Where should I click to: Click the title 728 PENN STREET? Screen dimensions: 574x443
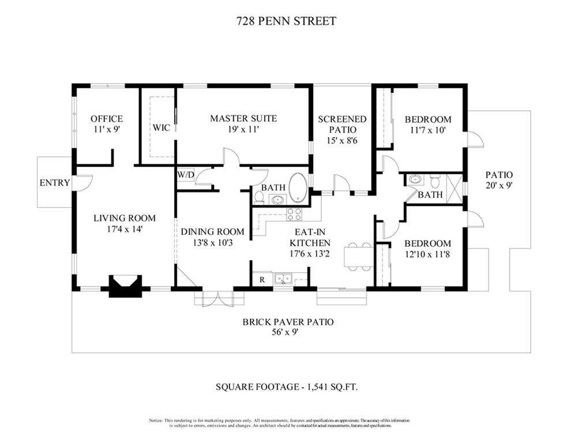tap(286, 21)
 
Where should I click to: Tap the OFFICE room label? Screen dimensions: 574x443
tap(107, 119)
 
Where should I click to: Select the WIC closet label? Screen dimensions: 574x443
tap(162, 128)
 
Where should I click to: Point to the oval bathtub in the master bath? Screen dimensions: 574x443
tap(299, 188)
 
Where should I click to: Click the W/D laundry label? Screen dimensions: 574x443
tap(186, 175)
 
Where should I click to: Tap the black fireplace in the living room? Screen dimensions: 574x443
tap(125, 286)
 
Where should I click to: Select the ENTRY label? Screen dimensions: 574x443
tap(55, 183)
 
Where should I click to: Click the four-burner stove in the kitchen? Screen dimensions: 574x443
tap(294, 214)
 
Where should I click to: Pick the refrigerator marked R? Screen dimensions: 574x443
tap(262, 280)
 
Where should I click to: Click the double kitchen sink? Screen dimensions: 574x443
tap(284, 279)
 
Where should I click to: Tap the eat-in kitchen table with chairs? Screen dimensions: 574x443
tap(359, 257)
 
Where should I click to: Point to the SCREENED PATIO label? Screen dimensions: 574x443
tap(342, 125)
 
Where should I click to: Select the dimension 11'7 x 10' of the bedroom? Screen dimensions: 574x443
tap(428, 130)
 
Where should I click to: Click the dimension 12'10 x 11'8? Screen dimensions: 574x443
tap(427, 254)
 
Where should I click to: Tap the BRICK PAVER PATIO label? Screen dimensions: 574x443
tap(288, 322)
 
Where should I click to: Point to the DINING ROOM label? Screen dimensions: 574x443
tap(212, 232)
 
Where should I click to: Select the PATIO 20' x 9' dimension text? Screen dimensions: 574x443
tap(499, 185)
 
